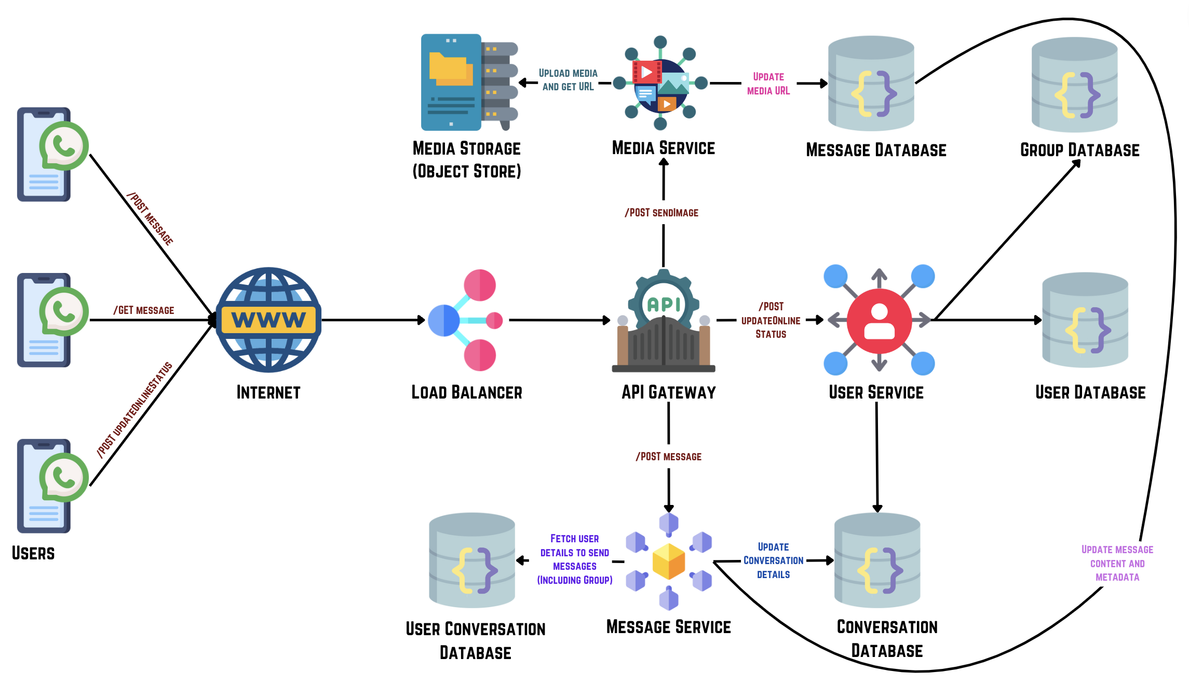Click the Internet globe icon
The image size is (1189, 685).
(x=268, y=320)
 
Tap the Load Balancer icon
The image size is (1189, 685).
(x=466, y=320)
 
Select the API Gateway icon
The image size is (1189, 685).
(x=664, y=322)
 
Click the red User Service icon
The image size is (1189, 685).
(x=879, y=320)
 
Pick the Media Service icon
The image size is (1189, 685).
(x=660, y=83)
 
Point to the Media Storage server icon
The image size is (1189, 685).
(x=469, y=82)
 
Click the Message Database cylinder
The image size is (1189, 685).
(x=871, y=83)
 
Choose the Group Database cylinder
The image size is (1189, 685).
(x=1074, y=85)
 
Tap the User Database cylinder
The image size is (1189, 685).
(x=1085, y=320)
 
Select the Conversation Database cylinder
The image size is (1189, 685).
(x=877, y=560)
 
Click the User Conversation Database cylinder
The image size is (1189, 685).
(x=472, y=560)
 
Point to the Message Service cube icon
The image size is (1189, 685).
(x=669, y=561)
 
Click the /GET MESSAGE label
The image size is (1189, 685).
(x=144, y=310)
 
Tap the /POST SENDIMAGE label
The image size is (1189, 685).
(x=661, y=213)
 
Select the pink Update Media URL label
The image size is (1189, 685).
(x=768, y=84)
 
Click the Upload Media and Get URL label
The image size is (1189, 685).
(x=568, y=80)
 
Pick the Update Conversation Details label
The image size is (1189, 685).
(x=773, y=560)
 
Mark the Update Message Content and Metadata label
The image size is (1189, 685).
(x=1117, y=563)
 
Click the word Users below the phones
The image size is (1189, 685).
(x=33, y=553)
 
